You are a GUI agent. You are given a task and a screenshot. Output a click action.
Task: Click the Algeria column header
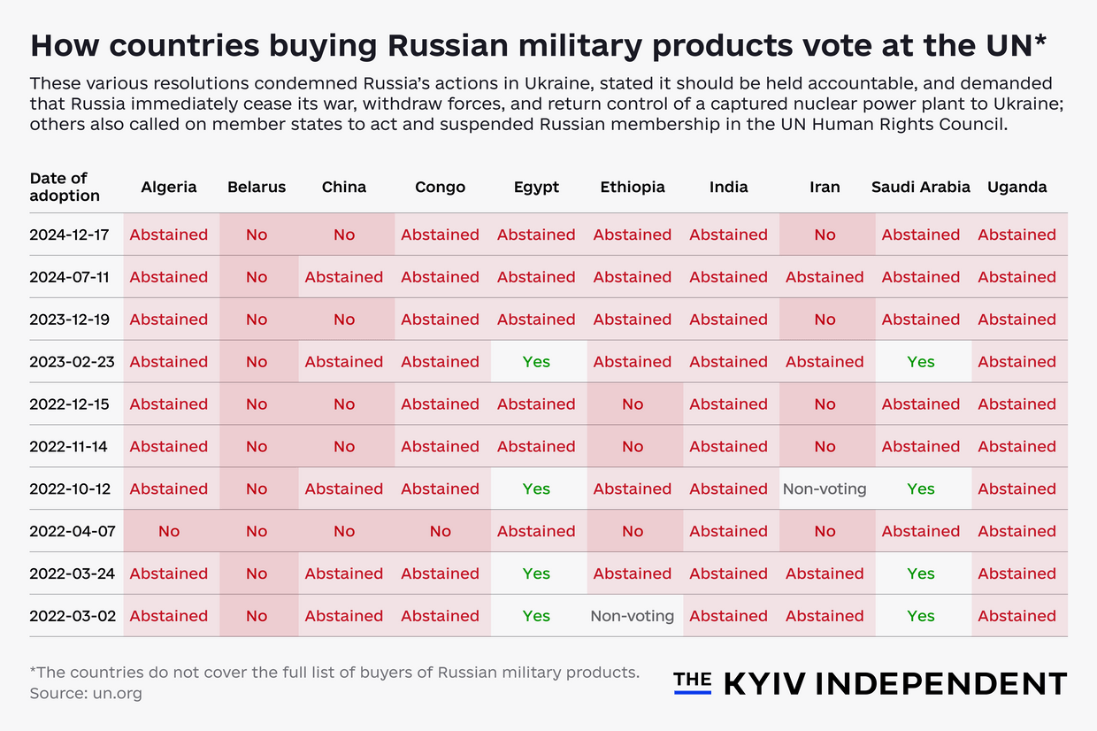pyautogui.click(x=168, y=187)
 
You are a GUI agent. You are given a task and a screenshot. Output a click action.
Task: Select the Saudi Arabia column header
pyautogui.click(x=920, y=187)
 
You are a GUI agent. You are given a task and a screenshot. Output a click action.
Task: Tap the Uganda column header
pyautogui.click(x=1016, y=187)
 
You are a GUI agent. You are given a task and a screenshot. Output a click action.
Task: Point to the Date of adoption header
pyautogui.click(x=65, y=187)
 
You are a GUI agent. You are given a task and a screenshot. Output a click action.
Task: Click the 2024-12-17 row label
pyautogui.click(x=69, y=235)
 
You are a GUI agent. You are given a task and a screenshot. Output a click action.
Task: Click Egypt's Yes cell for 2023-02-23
pyautogui.click(x=536, y=362)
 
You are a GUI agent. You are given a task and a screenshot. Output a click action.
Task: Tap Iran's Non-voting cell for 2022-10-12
pyautogui.click(x=825, y=489)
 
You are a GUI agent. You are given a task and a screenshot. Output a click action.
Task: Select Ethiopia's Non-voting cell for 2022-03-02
pyautogui.click(x=632, y=616)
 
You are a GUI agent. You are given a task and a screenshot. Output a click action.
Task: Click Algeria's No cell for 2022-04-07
pyautogui.click(x=168, y=531)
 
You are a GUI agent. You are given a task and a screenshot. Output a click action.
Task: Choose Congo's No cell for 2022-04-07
pyautogui.click(x=440, y=531)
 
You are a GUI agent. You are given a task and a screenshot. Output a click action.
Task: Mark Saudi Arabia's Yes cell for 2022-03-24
pyautogui.click(x=920, y=573)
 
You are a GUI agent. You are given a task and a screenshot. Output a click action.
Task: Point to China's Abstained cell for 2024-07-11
pyautogui.click(x=343, y=277)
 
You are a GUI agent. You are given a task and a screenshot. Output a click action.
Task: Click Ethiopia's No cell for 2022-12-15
pyautogui.click(x=632, y=404)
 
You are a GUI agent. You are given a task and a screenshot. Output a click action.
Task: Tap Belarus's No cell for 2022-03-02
pyautogui.click(x=257, y=616)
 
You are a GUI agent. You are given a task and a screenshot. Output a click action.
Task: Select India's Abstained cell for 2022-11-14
pyautogui.click(x=728, y=447)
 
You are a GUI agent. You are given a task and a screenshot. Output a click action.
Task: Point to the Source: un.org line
pyautogui.click(x=86, y=693)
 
